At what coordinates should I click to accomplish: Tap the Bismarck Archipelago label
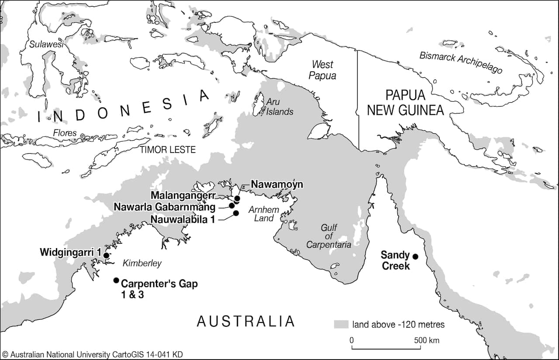(x=461, y=62)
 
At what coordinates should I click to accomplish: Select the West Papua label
(x=322, y=70)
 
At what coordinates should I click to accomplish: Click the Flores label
(x=65, y=133)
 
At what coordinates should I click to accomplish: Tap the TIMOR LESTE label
(x=167, y=150)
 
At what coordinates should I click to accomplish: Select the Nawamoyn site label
(x=276, y=185)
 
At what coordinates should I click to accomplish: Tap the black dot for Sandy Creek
(x=415, y=256)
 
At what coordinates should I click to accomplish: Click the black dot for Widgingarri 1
(x=106, y=255)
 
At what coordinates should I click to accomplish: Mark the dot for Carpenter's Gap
(x=116, y=280)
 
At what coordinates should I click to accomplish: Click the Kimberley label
(x=142, y=263)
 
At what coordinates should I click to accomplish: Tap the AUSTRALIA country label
(x=246, y=321)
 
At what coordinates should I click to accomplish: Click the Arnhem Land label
(x=263, y=214)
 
